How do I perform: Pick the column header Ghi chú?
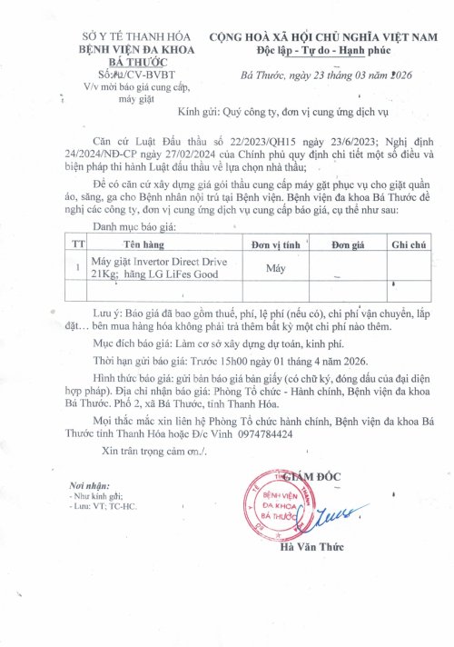(x=407, y=245)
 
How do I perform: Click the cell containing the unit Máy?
(x=275, y=268)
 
